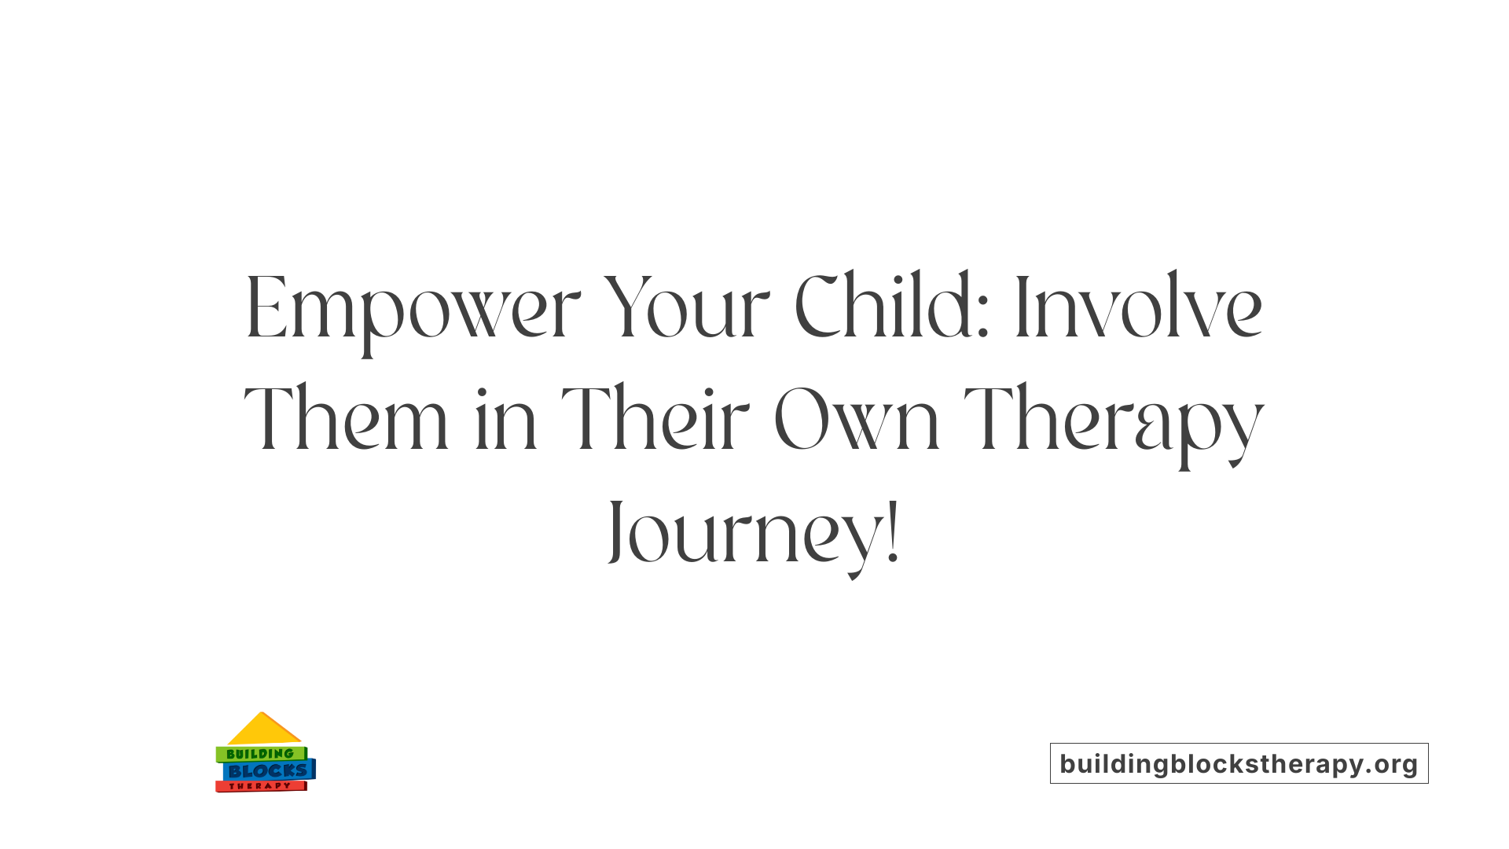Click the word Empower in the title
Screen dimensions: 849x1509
coord(413,308)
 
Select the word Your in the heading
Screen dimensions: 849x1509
coord(686,308)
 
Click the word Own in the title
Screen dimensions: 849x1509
coord(857,421)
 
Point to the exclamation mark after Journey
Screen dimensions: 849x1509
coord(892,535)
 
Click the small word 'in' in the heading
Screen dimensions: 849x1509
coord(505,421)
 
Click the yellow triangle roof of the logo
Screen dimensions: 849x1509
coord(263,731)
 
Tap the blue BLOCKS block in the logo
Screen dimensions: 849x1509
coord(267,770)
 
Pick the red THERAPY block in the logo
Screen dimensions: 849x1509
coord(260,786)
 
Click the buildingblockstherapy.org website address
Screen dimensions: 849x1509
coord(1239,763)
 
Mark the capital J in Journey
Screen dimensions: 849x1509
coord(617,531)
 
